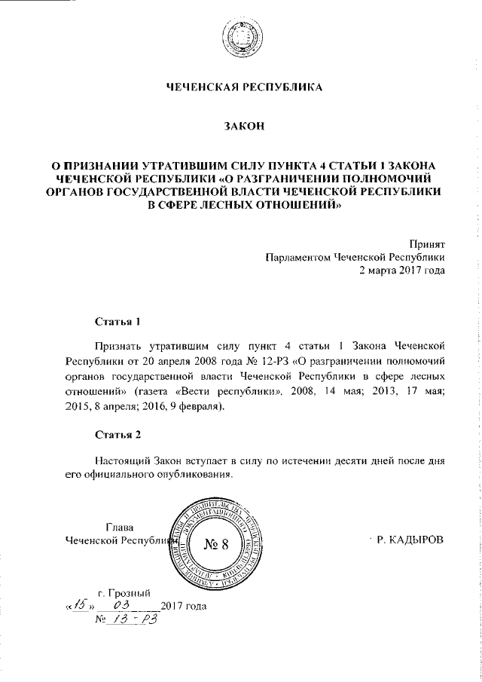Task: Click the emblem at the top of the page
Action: point(240,38)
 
